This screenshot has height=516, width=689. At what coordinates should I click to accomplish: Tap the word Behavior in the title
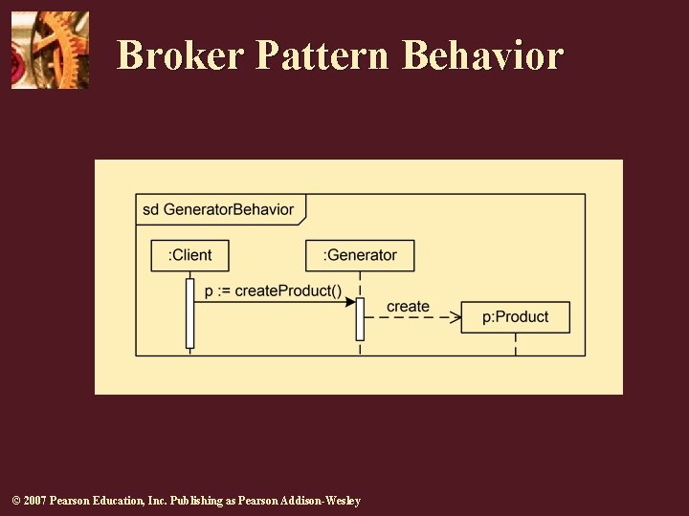pos(482,55)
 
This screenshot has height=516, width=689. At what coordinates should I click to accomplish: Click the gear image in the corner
pos(50,50)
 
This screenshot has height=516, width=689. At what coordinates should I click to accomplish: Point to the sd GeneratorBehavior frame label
pos(218,209)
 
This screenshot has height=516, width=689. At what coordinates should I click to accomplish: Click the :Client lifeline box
pos(189,255)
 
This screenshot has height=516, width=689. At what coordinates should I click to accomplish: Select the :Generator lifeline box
pos(360,255)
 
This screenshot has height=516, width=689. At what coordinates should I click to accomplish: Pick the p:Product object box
pos(515,317)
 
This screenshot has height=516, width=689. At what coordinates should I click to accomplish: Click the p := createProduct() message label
pos(273,290)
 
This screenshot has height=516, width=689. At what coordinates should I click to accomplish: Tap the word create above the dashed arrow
pos(408,306)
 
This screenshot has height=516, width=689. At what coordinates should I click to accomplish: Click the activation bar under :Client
pos(189,312)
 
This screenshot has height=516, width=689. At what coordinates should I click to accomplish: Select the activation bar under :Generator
pos(360,319)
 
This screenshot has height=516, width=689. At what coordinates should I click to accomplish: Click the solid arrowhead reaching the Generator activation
pos(350,300)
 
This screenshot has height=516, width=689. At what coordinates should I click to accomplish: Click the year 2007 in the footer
pos(35,501)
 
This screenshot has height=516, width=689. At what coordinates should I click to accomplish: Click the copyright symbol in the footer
pos(15,501)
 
